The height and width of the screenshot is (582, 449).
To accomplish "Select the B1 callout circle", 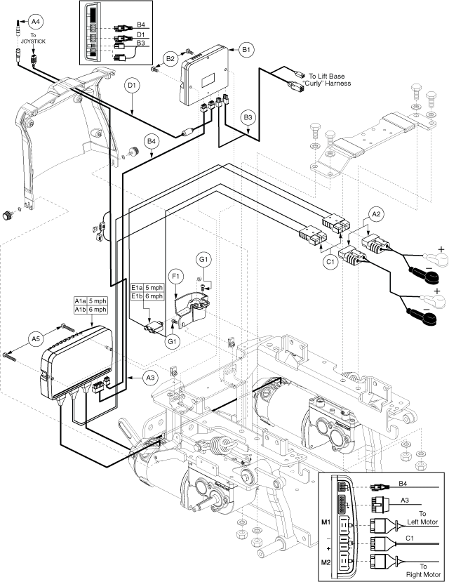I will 246,50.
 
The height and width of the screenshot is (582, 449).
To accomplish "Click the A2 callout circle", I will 376,213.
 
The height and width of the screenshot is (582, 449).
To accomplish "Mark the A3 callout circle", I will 149,378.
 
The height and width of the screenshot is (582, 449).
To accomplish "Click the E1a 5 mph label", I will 147,287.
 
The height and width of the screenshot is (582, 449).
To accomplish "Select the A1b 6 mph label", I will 91,310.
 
